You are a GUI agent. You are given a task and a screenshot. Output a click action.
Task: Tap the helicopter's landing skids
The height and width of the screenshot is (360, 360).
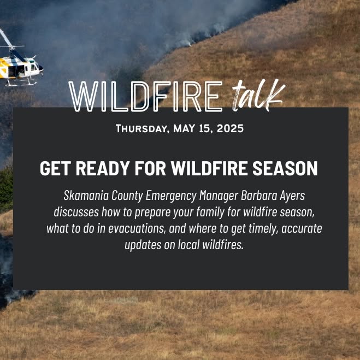(21, 82)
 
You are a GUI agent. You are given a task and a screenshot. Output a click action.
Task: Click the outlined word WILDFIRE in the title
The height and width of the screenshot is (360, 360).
(145, 97)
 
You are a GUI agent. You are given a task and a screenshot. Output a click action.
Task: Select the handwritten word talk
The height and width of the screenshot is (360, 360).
(258, 95)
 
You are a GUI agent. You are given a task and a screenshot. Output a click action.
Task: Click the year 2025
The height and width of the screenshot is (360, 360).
(230, 128)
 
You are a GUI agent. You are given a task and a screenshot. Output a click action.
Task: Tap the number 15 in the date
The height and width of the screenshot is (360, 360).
(205, 128)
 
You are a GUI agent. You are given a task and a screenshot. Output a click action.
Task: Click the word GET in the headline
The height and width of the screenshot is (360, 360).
(55, 168)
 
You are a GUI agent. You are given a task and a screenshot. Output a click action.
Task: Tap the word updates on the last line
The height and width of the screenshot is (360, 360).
(143, 245)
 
